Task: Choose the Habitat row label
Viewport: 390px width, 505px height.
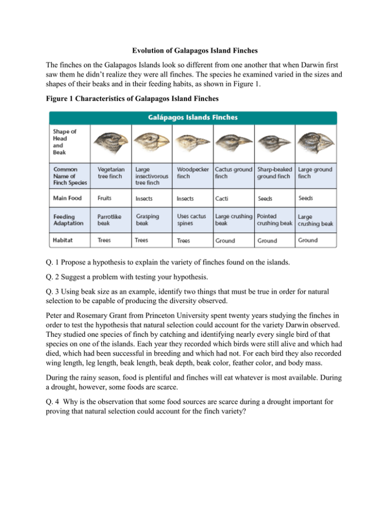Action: click(65, 240)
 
